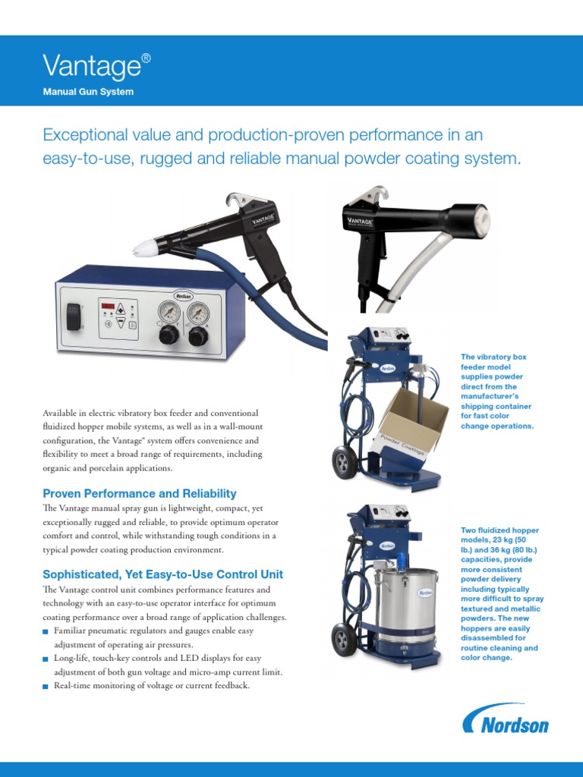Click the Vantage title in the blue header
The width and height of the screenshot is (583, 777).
pyautogui.click(x=96, y=65)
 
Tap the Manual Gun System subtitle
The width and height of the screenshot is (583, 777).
pyautogui.click(x=88, y=92)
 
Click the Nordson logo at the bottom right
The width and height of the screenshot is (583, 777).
pyautogui.click(x=506, y=719)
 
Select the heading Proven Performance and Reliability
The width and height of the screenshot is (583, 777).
pyautogui.click(x=140, y=493)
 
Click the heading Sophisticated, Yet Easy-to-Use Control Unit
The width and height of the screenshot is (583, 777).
pyautogui.click(x=162, y=574)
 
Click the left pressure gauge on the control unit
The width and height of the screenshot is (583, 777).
pyautogui.click(x=169, y=313)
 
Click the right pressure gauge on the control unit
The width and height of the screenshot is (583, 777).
pyautogui.click(x=198, y=313)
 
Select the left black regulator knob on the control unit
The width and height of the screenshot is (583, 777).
pyautogui.click(x=169, y=337)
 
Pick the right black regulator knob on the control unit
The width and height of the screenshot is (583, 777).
pyautogui.click(x=198, y=337)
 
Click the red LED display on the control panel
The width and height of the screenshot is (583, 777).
pyautogui.click(x=108, y=306)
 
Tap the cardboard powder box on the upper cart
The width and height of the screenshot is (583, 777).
pyautogui.click(x=412, y=421)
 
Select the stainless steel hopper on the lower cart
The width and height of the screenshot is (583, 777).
pyautogui.click(x=407, y=606)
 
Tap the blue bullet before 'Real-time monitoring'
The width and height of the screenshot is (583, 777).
pyautogui.click(x=46, y=686)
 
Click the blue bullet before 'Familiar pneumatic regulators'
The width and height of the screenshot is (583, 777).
pyautogui.click(x=46, y=632)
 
